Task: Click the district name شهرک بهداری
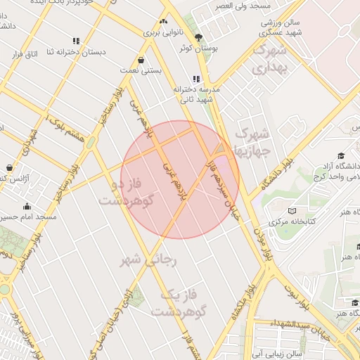270,60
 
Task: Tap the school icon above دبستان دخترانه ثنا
75,41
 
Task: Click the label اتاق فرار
27,54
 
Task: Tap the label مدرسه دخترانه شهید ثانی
193,94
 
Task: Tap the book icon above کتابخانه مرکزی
292,210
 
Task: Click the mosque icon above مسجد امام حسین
27,206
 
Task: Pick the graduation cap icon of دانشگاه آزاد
341,155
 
